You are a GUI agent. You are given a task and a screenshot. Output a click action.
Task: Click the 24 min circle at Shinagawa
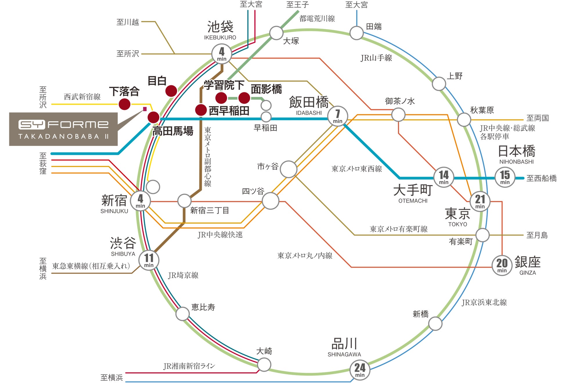click(x=360, y=370)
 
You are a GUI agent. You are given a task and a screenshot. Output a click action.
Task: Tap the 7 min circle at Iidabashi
click(x=337, y=116)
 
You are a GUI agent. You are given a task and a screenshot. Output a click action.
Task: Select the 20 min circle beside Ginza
click(x=502, y=265)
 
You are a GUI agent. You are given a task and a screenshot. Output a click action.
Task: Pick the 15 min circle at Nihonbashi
click(x=505, y=177)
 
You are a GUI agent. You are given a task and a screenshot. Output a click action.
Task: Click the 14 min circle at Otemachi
click(x=444, y=177)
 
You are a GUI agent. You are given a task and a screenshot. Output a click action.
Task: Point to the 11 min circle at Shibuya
click(x=149, y=260)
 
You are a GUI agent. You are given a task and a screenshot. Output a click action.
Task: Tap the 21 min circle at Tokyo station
click(x=480, y=201)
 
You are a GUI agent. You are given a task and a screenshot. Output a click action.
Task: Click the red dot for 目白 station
click(x=171, y=91)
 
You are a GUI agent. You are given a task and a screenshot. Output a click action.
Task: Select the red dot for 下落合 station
click(x=125, y=104)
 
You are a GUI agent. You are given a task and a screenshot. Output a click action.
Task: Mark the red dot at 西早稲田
click(x=201, y=110)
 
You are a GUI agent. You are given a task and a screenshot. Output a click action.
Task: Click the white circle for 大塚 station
click(x=276, y=33)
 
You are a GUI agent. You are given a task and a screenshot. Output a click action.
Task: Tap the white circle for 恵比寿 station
click(x=183, y=314)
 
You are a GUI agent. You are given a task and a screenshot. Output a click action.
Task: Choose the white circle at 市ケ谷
click(x=289, y=169)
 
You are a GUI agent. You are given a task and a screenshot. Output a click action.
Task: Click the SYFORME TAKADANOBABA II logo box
click(x=64, y=129)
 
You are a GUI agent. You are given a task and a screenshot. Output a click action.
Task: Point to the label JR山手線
click(x=376, y=58)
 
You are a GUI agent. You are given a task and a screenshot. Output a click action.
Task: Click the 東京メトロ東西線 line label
click(x=357, y=169)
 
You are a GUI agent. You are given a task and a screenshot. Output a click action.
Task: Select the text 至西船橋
click(x=541, y=178)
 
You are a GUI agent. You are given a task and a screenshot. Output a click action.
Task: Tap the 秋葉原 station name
click(x=482, y=110)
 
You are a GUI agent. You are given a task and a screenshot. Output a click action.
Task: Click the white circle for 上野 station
click(x=439, y=84)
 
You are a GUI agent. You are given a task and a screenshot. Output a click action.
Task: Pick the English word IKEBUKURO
click(x=220, y=37)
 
